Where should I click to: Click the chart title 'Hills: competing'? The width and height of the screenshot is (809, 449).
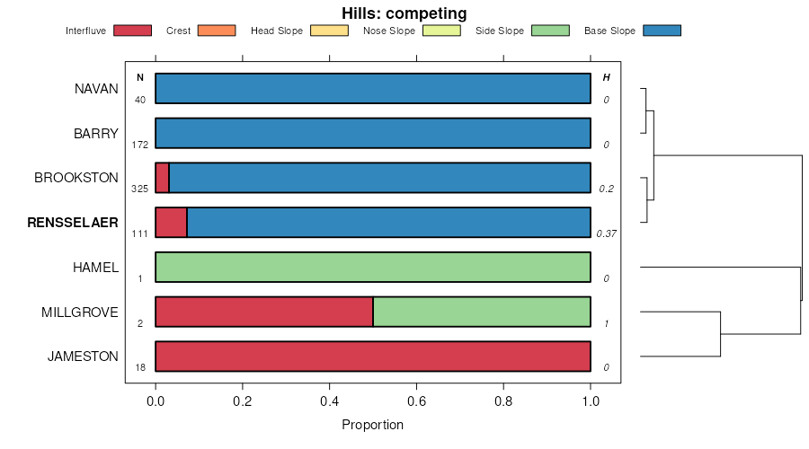(x=404, y=13)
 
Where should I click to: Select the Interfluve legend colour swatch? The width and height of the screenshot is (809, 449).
(x=132, y=31)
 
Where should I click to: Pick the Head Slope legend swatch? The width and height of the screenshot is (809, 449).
(x=328, y=31)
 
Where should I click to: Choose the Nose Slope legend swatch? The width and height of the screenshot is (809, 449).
(x=441, y=31)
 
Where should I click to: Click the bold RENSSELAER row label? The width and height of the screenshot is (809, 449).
(x=73, y=223)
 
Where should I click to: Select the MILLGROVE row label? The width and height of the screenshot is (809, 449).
(x=80, y=313)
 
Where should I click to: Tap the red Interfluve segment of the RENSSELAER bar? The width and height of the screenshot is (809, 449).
(x=171, y=223)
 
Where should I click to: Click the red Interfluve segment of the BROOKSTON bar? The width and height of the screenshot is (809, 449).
(x=162, y=178)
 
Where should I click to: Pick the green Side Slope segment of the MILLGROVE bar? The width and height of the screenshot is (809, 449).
(x=481, y=313)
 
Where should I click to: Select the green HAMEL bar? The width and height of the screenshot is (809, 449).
(x=373, y=268)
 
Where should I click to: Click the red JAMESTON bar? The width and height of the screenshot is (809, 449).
(x=373, y=357)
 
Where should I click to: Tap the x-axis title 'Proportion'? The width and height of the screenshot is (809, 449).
(x=373, y=425)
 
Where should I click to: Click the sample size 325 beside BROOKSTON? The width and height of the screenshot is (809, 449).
(x=139, y=189)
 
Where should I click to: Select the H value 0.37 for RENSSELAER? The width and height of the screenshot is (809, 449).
(x=606, y=233)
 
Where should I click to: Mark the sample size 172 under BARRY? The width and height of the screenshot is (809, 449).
(x=139, y=145)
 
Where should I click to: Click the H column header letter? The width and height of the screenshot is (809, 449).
(x=606, y=78)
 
